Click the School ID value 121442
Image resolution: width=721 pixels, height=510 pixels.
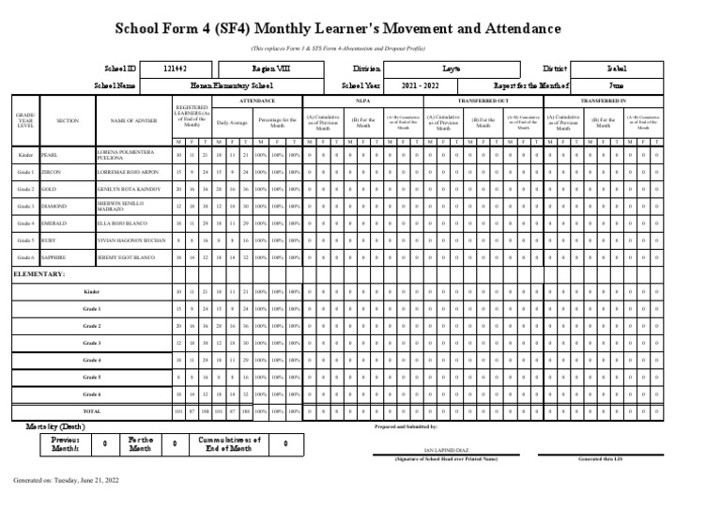[x=175, y=70]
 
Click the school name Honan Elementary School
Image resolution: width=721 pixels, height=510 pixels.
[x=231, y=85]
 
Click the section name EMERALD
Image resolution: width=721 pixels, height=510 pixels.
[x=54, y=223]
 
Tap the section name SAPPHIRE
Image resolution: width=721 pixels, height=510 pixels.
[x=54, y=256]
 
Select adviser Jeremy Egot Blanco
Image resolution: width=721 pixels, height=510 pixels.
[x=126, y=256]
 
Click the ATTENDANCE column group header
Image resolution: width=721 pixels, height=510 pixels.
[x=257, y=100]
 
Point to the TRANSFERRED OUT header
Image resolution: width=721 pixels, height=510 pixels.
[x=483, y=100]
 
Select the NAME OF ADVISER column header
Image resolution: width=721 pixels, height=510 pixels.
[x=134, y=121]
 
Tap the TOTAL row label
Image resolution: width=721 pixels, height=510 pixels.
[x=91, y=411]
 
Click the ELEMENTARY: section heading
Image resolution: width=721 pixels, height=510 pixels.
[x=39, y=274]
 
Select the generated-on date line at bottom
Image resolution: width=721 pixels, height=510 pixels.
[x=66, y=480]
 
